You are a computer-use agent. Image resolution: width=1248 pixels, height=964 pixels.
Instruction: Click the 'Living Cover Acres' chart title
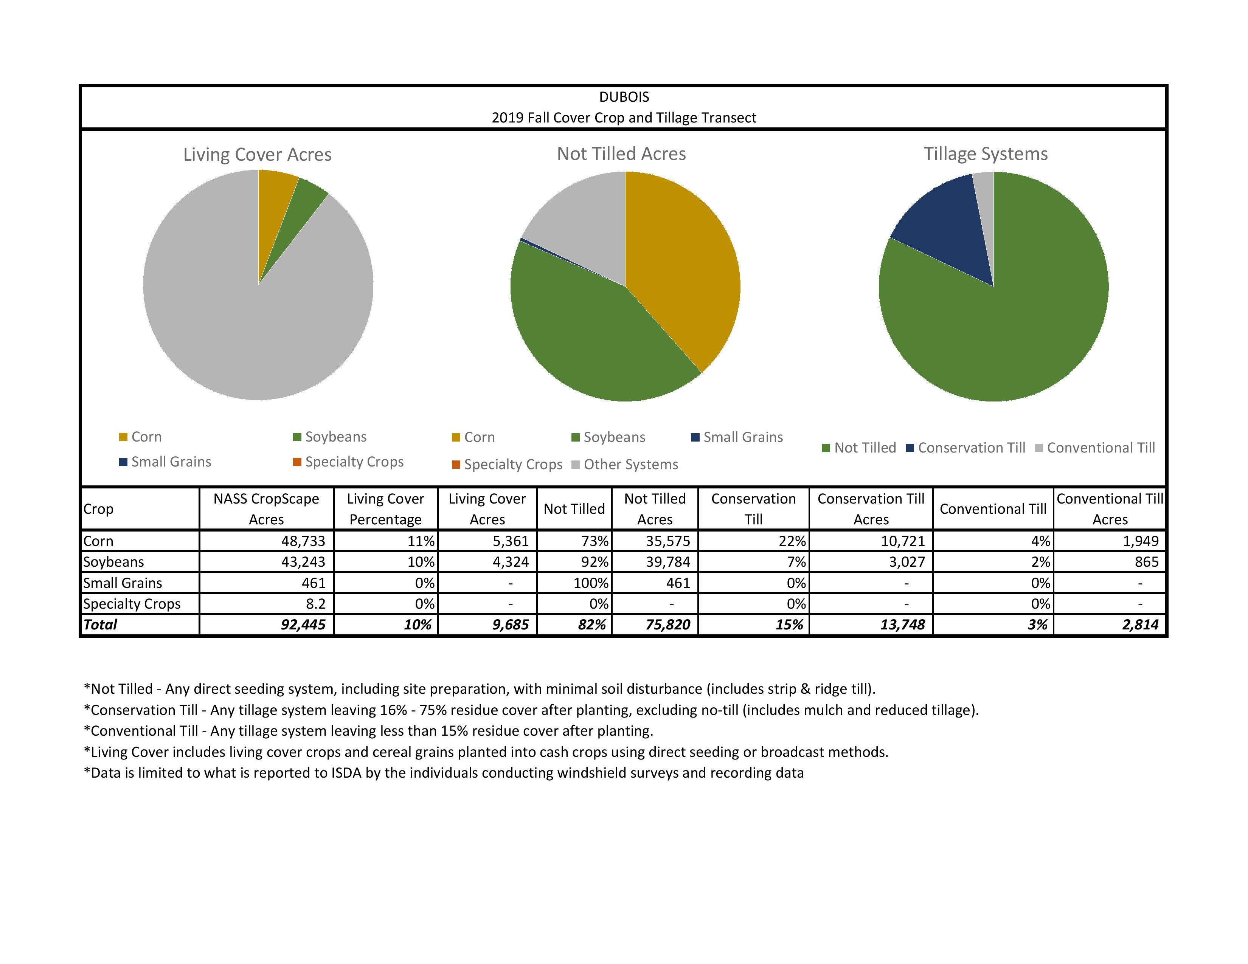pos(257,154)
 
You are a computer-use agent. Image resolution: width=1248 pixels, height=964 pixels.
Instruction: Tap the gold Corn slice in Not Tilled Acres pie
pos(686,257)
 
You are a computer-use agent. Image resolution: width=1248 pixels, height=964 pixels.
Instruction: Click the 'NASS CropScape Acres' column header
pos(266,509)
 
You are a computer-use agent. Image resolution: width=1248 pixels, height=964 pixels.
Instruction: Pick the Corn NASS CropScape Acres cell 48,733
pos(303,541)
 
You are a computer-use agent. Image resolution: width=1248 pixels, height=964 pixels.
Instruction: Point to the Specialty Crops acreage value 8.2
pos(315,604)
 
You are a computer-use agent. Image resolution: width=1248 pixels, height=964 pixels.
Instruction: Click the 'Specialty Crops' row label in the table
pos(132,604)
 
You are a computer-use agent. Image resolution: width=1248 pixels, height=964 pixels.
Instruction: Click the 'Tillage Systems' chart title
pos(986,153)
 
